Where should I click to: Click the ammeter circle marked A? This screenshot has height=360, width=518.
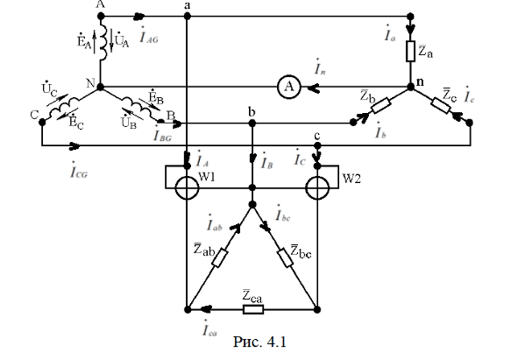pyautogui.click(x=289, y=87)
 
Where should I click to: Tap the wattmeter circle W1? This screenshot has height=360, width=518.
pyautogui.click(x=187, y=188)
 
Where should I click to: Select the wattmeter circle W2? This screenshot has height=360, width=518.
pyautogui.click(x=317, y=188)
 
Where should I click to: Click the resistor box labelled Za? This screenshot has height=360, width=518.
pyautogui.click(x=411, y=51)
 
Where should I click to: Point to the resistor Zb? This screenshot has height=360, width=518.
pyautogui.click(x=381, y=105)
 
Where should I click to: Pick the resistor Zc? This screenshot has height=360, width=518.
pyautogui.click(x=440, y=105)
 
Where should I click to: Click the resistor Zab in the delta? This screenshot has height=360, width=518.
pyautogui.click(x=220, y=258)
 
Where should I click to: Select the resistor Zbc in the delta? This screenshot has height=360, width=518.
pyautogui.click(x=285, y=258)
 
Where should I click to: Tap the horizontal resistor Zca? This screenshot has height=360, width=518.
pyautogui.click(x=253, y=310)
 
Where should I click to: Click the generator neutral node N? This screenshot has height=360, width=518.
pyautogui.click(x=101, y=87)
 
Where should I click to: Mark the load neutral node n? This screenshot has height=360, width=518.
pyautogui.click(x=411, y=87)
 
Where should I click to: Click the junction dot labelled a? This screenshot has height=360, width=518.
pyautogui.click(x=188, y=16)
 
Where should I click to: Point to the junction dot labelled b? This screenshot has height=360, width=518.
pyautogui.click(x=252, y=124)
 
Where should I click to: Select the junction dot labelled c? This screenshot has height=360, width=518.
pyautogui.click(x=317, y=145)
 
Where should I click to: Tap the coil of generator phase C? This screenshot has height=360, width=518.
pyautogui.click(x=64, y=106)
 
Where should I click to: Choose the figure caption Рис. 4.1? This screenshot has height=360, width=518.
pyautogui.click(x=259, y=342)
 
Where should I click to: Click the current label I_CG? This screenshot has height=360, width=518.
pyautogui.click(x=79, y=170)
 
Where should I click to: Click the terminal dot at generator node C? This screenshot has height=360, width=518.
pyautogui.click(x=42, y=123)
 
